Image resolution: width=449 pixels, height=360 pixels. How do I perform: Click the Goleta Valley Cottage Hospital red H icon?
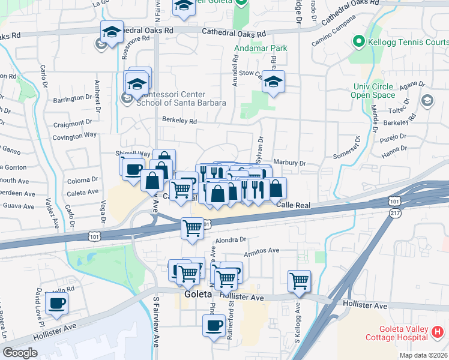point(438,331)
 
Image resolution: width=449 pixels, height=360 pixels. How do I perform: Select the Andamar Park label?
point(260,48)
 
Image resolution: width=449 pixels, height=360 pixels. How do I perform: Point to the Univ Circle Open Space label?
point(373,91)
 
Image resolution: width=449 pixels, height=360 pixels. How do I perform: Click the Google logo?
point(20,353)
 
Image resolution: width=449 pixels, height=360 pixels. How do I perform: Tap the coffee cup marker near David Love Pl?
point(56,303)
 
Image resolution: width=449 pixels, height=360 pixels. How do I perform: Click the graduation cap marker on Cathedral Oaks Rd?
point(112,32)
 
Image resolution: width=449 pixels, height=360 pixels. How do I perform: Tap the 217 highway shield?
point(394,213)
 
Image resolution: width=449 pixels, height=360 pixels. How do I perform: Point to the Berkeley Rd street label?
point(179,121)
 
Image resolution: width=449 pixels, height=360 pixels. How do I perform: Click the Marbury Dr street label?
point(289,163)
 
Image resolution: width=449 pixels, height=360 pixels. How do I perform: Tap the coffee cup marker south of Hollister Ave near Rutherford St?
point(214,326)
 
